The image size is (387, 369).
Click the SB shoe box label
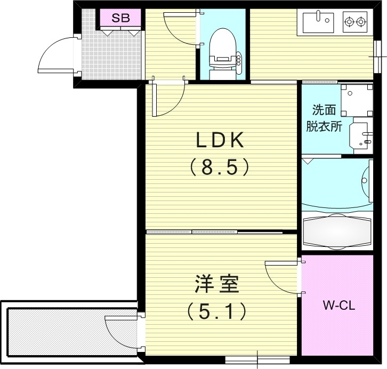coord(120,18)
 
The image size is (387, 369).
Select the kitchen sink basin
coord(318,22)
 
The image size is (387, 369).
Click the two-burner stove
coord(355,22)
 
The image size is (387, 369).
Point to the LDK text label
coord(219,140)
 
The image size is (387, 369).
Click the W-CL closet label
coord(339,306)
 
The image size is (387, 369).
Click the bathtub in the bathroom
coord(337,230)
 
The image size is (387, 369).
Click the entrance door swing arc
coord(56,55)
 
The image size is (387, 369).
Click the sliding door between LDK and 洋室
coord(213,232)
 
